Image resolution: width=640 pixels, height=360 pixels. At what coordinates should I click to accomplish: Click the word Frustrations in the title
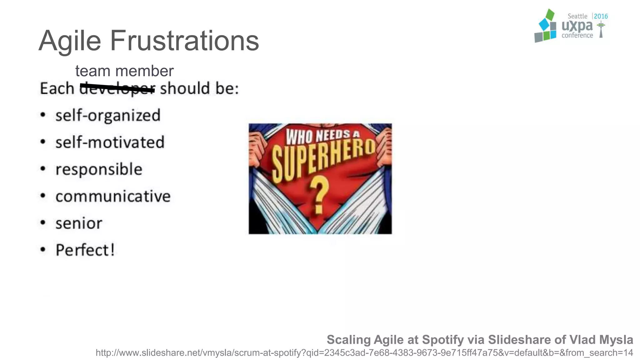[x=184, y=41]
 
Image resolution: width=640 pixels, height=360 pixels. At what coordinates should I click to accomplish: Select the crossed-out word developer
[x=117, y=89]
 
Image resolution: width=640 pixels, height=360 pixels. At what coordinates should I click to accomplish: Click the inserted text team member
[x=124, y=71]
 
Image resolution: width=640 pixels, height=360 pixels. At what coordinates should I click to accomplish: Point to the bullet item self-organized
[x=108, y=116]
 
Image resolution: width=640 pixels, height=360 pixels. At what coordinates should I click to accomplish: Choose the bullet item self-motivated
[x=110, y=142]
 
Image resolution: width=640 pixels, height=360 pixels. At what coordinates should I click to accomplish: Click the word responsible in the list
[x=99, y=169]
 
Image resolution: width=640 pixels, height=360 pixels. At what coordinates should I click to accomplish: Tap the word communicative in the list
[x=113, y=197]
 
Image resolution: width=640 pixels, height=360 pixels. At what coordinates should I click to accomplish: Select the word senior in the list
[x=79, y=223]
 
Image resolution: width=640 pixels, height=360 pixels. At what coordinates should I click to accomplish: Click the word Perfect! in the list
[x=85, y=250]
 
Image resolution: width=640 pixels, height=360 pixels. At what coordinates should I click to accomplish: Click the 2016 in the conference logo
[x=601, y=16]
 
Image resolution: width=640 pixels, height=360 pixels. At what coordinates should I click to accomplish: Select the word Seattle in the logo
[x=577, y=16]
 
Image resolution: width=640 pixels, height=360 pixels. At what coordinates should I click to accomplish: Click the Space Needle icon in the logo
[x=601, y=30]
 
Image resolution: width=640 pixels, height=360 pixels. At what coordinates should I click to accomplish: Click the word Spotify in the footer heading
[x=443, y=340]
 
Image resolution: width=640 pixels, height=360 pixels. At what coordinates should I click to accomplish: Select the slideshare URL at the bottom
[x=364, y=353]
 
